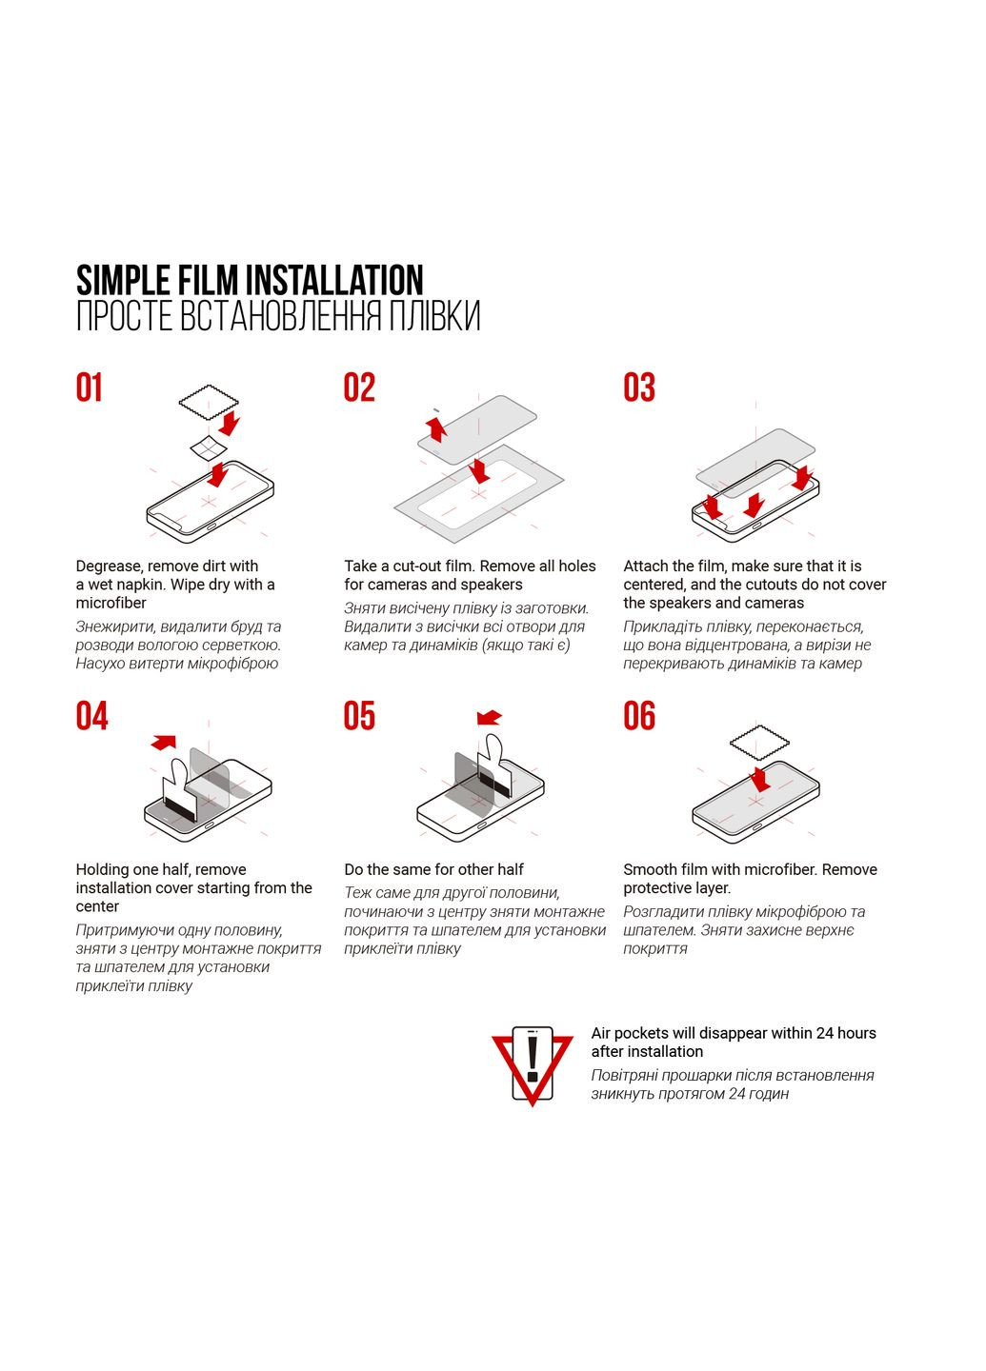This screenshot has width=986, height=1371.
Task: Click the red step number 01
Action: [x=89, y=387]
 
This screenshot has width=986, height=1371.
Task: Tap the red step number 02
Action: [x=359, y=387]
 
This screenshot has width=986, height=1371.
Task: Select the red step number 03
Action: [x=639, y=387]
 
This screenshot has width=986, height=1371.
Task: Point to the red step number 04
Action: [x=91, y=716]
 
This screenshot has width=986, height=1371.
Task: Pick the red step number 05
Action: [x=359, y=716]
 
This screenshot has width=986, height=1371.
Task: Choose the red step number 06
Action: [x=639, y=716]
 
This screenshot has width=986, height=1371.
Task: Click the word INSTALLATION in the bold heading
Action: [x=334, y=280]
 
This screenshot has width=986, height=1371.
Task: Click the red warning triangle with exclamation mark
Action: [x=532, y=1064]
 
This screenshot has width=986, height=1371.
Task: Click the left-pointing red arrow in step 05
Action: [x=489, y=718]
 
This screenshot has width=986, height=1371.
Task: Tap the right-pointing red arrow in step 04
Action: [x=164, y=741]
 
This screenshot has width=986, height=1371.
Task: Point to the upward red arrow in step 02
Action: [x=436, y=427]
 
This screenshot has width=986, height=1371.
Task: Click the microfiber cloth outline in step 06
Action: [x=759, y=742]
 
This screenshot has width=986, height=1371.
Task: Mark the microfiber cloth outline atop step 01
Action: [x=208, y=403]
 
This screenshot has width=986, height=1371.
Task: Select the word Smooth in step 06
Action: [x=649, y=869]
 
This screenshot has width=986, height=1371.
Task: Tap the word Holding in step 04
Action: [x=103, y=869]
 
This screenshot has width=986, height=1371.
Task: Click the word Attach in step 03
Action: [x=645, y=566]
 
